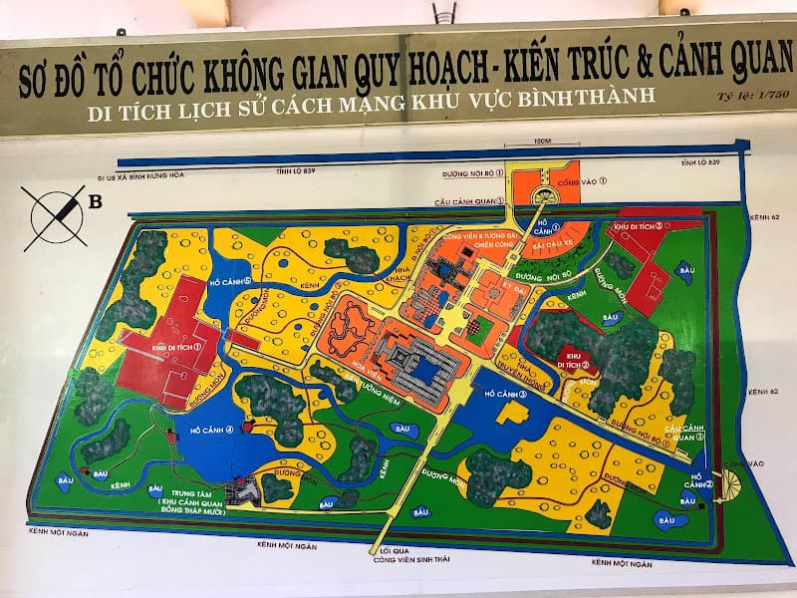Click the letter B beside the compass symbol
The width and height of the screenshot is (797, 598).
coord(96,202)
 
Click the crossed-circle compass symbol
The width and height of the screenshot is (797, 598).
coord(55,215)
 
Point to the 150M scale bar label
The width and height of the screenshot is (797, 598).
coord(543,141)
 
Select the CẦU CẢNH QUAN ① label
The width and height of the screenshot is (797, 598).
coord(468,200)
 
